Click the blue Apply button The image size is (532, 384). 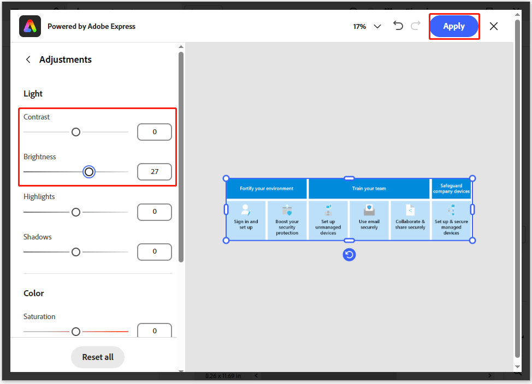(x=454, y=26)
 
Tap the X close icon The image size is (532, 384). (x=494, y=26)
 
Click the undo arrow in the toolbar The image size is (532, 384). (x=398, y=26)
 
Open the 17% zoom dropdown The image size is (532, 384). (x=367, y=26)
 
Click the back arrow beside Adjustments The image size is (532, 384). (x=28, y=59)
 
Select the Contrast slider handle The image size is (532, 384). (x=76, y=132)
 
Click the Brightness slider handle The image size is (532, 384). (x=89, y=172)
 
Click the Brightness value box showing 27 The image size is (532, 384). (x=155, y=172)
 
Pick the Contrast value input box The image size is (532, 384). (x=155, y=132)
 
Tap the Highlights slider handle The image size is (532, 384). (x=76, y=212)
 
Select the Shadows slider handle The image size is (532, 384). (x=76, y=251)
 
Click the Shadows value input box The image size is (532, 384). (x=155, y=251)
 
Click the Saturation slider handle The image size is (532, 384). (x=76, y=332)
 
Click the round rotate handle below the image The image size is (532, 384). (x=349, y=254)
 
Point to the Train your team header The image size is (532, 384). (x=369, y=189)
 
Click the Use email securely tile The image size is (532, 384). (x=369, y=219)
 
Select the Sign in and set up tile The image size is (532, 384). (x=246, y=219)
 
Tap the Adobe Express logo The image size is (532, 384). (x=30, y=26)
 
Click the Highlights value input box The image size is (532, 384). (x=155, y=212)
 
